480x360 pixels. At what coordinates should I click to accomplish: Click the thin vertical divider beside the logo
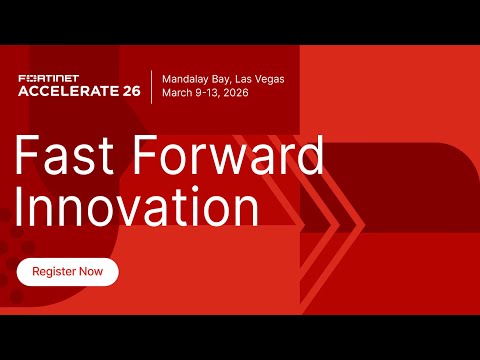(151, 85)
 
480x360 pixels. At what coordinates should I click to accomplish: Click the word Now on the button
(90, 272)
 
